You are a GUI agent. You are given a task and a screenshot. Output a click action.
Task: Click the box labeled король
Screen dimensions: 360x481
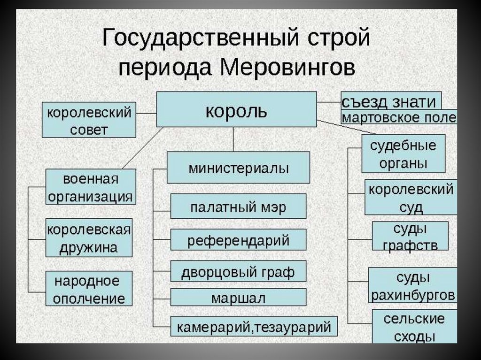236,109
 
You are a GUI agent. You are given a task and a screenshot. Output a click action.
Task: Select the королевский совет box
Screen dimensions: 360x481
89,120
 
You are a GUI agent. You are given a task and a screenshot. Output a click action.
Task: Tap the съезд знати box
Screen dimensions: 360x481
391,100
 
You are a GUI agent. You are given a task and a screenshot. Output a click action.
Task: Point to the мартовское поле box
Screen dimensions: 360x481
399,117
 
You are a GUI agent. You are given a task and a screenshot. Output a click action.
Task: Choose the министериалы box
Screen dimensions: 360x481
238,167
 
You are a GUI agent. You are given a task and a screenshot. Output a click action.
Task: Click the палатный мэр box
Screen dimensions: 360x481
238,206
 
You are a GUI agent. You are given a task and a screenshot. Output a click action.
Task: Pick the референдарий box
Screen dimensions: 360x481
238,239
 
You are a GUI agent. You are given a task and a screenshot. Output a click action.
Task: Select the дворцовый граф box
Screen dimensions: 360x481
238,271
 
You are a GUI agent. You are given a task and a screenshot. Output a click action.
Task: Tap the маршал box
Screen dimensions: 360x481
238,297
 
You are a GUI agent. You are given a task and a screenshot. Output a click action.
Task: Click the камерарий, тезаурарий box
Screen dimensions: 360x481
254,326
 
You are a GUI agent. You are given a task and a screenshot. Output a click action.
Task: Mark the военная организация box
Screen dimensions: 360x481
91,187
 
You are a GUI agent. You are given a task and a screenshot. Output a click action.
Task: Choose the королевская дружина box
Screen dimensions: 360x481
89,237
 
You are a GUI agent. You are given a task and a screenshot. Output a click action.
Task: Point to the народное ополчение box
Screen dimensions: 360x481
89,289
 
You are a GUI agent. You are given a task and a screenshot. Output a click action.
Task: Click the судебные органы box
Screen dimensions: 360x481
403,154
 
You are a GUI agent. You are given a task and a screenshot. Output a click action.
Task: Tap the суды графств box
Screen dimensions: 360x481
410,236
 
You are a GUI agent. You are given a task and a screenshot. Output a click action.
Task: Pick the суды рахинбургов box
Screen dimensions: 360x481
413,285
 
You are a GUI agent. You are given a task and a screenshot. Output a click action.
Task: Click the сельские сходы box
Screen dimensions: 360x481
414,326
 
